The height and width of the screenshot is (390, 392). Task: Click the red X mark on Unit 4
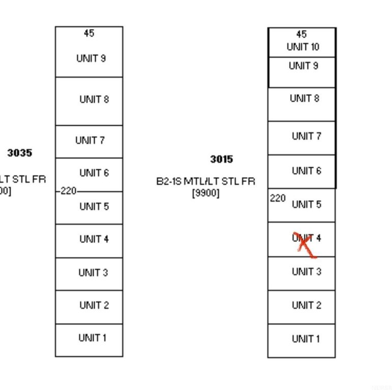304,245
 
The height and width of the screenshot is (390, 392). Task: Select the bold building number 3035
19,152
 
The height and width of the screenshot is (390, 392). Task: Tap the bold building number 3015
222,159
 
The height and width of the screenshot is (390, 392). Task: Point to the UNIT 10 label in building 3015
303,47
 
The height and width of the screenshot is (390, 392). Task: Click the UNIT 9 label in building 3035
91,58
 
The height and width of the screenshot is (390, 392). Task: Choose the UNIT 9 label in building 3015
304,66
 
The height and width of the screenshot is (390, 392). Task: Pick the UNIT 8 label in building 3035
94,99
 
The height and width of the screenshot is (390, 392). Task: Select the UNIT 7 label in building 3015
307,136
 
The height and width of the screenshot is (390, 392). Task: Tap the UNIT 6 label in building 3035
94,173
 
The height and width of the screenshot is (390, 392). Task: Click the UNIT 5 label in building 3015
307,204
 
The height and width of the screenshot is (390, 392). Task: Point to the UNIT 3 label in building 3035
93,272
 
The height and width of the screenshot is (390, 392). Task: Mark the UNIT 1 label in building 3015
306,339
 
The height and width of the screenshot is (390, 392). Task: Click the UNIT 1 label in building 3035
93,337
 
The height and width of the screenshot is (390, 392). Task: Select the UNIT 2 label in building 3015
307,305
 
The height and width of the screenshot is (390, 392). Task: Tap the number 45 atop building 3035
89,33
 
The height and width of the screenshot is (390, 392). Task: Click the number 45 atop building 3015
301,34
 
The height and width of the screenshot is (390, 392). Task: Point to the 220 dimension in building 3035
69,191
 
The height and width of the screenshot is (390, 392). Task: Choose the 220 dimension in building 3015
278,198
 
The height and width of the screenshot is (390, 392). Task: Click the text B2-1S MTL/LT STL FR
206,181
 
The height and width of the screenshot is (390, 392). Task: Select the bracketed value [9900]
206,193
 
